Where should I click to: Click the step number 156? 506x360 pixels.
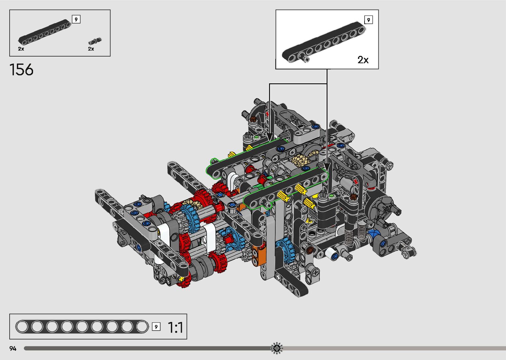pos(21,69)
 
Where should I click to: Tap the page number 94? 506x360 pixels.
pos(13,348)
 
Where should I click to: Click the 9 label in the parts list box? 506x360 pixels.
pos(76,19)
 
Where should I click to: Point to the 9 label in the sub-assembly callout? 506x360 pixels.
pos(369,20)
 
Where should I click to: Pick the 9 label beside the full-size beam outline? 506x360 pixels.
pos(156,327)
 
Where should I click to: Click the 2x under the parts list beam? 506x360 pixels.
pos(21,49)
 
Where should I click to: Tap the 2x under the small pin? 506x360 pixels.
pos(91,49)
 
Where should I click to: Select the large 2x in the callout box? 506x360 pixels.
pos(363,60)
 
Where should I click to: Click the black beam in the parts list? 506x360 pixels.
pos(45,32)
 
